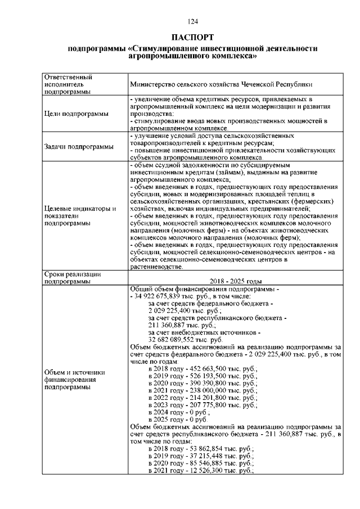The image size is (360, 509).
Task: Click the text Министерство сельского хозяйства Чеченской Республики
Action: (220, 84)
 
